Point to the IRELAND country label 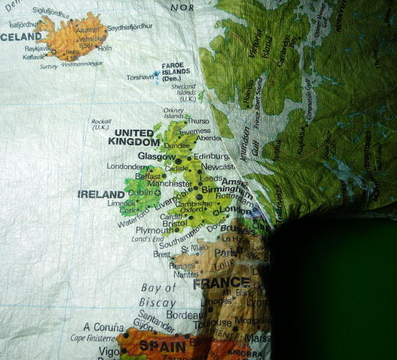[102, 194]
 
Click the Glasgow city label [157, 156]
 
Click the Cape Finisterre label [92, 338]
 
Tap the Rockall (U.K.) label [101, 124]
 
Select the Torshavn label [141, 76]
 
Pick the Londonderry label [127, 165]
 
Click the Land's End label [147, 240]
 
